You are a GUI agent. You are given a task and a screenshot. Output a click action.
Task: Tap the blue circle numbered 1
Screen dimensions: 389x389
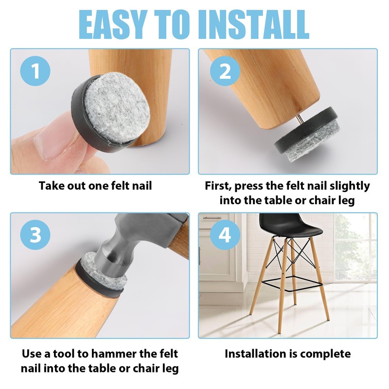(x=35, y=71)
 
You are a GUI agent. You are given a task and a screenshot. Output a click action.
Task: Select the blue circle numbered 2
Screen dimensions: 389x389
(x=225, y=71)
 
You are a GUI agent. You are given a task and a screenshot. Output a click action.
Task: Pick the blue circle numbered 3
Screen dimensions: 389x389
(x=35, y=235)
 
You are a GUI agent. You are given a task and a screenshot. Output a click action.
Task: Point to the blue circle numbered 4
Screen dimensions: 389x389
(x=225, y=235)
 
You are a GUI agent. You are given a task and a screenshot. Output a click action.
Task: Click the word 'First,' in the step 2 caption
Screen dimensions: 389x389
(x=218, y=186)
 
